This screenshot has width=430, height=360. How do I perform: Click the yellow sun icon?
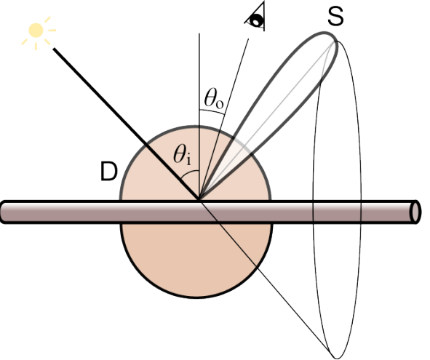(x=36, y=30)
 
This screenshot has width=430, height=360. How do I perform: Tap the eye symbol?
(x=256, y=17)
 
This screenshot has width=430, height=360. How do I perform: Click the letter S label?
(x=335, y=17)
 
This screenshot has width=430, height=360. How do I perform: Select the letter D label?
(x=109, y=172)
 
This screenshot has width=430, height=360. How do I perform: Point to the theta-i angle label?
(x=182, y=155)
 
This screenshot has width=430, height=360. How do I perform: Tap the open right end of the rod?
(x=415, y=212)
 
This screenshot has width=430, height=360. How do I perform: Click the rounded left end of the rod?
(x=4, y=212)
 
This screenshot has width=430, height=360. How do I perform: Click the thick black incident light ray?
(x=127, y=124)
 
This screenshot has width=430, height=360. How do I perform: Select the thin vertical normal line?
(x=199, y=117)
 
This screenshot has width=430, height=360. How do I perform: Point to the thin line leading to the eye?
(x=224, y=120)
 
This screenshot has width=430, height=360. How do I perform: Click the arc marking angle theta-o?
(x=212, y=111)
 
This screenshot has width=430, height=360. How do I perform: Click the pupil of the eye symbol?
(x=258, y=20)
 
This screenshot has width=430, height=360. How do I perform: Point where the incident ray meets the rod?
(x=199, y=201)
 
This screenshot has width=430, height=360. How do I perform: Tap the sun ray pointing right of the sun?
(x=52, y=30)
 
